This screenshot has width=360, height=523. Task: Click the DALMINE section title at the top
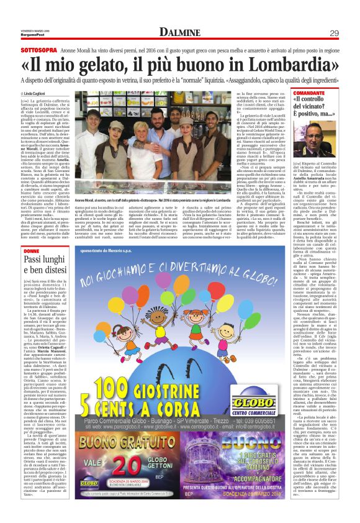coord(180,32)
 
